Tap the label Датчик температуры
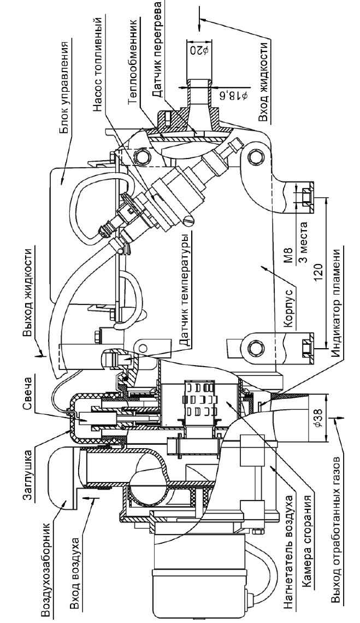click(186, 289)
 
